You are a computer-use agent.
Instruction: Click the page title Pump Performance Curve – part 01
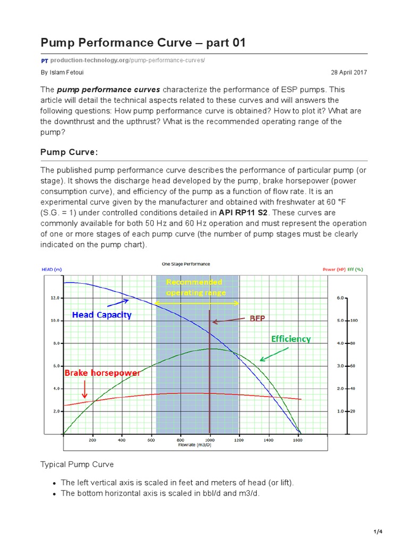pos(143,43)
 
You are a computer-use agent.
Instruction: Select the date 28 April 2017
pos(348,72)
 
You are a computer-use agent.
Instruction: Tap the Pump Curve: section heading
pos(69,153)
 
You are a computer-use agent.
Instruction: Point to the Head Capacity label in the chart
pos(101,315)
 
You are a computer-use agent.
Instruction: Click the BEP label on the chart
pos(257,318)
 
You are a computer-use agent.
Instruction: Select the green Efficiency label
pos(291,338)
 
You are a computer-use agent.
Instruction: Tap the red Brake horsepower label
pos(102,373)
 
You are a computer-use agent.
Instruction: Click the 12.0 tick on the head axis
pos(55,298)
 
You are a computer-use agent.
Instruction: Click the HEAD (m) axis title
pos(52,270)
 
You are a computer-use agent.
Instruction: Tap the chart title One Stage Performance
pos(185,264)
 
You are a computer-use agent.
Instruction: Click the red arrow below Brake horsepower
pos(84,391)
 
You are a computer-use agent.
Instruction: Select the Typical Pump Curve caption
pos(77,464)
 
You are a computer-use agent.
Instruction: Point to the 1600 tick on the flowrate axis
pos(299,441)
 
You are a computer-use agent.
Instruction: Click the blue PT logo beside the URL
pos(45,60)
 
